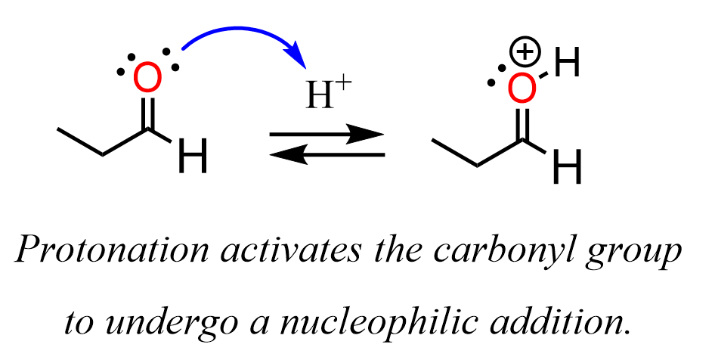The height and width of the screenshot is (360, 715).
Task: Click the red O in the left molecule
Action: (x=147, y=78)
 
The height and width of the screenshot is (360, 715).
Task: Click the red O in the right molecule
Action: (x=522, y=87)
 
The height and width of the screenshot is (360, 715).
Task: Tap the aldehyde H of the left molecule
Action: (x=193, y=159)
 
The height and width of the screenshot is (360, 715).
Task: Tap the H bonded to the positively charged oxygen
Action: (x=567, y=65)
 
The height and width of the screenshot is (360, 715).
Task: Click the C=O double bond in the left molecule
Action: (x=148, y=114)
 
